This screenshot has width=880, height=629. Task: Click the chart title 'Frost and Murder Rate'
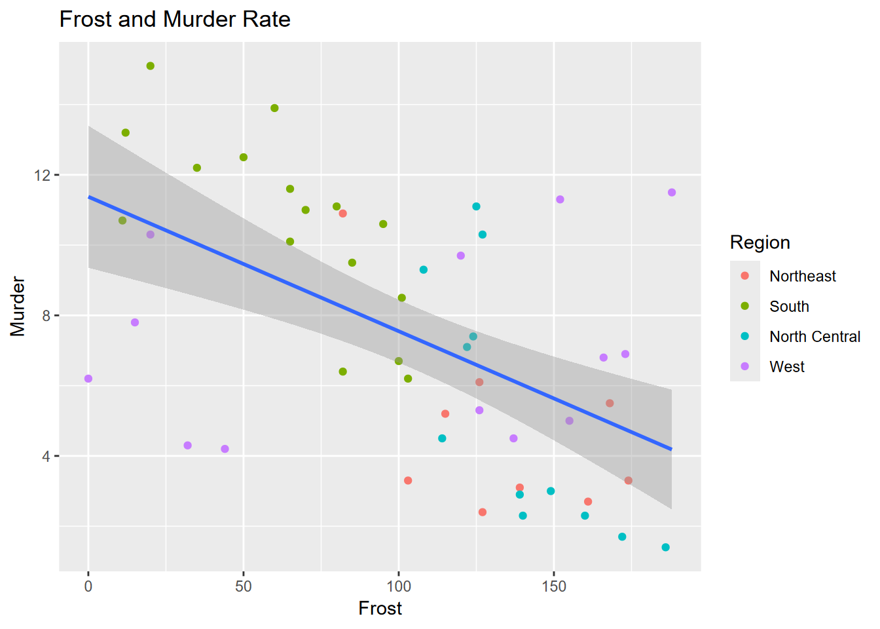(x=175, y=20)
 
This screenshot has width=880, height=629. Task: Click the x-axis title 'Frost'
(x=380, y=609)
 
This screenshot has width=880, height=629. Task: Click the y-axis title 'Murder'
(x=18, y=306)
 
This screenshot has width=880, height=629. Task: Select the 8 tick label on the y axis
(x=46, y=316)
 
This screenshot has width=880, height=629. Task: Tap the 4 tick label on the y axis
(x=46, y=456)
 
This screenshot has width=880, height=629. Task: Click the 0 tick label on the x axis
(x=88, y=586)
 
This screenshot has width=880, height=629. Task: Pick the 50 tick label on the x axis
(x=244, y=586)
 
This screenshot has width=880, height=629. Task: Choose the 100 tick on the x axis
(x=399, y=586)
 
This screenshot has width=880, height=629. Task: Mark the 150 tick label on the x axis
(x=554, y=586)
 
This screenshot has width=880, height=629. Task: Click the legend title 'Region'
(x=760, y=242)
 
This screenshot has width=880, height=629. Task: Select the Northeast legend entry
(x=802, y=276)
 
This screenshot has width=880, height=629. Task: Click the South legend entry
(x=789, y=307)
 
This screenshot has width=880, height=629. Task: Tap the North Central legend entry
(x=815, y=337)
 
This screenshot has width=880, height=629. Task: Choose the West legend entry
(x=786, y=367)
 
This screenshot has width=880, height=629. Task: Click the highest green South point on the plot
(x=151, y=66)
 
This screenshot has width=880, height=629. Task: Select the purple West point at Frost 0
(x=88, y=379)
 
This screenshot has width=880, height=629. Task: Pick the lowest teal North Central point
(x=665, y=547)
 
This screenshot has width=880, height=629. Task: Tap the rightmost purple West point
(x=672, y=193)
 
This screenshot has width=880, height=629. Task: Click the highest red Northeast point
(x=342, y=214)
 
